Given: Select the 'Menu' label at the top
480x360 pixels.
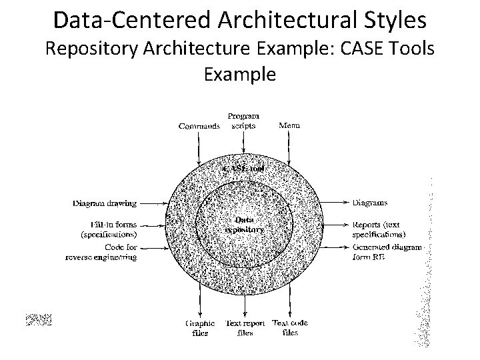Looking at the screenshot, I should click(x=289, y=125).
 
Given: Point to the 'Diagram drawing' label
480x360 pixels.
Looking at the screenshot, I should click(x=105, y=203).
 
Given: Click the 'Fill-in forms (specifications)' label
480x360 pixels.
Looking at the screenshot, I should click(x=109, y=229).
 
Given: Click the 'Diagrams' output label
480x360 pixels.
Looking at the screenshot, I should click(x=369, y=203).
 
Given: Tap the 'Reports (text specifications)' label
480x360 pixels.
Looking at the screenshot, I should click(x=379, y=229).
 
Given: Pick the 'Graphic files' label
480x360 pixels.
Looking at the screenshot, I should click(x=200, y=328).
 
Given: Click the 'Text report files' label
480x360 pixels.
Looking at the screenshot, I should click(x=245, y=328).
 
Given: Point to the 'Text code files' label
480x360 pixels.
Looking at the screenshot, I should click(x=291, y=328).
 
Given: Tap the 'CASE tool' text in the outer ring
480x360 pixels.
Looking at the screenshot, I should click(x=244, y=169).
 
